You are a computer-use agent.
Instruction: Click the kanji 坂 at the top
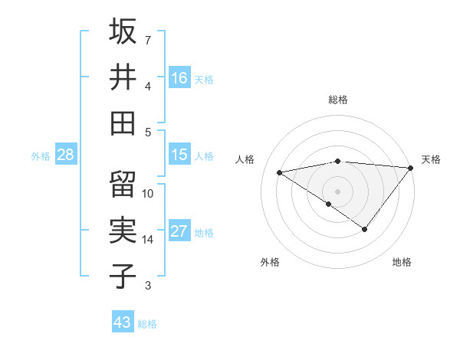tap(123, 31)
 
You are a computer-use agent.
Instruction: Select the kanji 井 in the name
tap(123, 77)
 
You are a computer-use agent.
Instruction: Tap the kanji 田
tap(123, 123)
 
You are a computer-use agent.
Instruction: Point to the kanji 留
tap(123, 185)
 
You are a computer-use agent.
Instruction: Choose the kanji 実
tap(123, 231)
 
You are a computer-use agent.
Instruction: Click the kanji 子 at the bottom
tap(123, 277)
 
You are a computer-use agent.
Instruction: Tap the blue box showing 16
tap(179, 77)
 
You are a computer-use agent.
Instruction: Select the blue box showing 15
tap(179, 154)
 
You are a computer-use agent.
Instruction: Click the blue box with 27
tap(179, 231)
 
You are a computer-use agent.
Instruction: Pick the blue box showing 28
tap(66, 155)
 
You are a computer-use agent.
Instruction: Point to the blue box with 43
tap(123, 322)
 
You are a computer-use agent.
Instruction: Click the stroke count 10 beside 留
tap(148, 194)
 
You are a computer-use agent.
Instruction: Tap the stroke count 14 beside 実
tap(148, 240)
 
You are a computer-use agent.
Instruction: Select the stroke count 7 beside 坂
tap(148, 40)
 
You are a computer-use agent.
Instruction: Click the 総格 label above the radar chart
tap(338, 100)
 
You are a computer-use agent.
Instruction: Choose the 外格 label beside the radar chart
tap(270, 262)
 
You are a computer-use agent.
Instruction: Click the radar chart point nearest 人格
tap(280, 172)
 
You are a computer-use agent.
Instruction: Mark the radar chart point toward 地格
tap(365, 229)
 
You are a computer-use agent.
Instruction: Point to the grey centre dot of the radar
tap(337, 191)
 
